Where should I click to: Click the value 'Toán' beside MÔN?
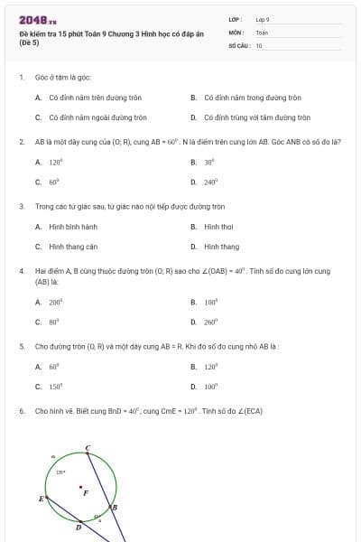click(x=262, y=32)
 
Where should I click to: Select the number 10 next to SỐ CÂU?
click(x=259, y=45)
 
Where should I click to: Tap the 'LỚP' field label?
click(x=236, y=19)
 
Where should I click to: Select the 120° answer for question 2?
click(x=55, y=163)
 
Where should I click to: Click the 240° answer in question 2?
click(x=211, y=182)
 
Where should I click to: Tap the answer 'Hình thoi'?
click(x=218, y=227)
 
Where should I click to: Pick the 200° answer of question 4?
click(x=55, y=303)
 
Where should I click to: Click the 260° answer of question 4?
click(x=211, y=322)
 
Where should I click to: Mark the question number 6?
click(x=21, y=411)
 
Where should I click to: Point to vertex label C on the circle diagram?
click(x=88, y=447)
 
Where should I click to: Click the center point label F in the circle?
click(x=86, y=493)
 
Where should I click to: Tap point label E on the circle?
click(x=40, y=499)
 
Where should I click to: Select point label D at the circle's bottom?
click(x=78, y=528)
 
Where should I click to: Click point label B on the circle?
click(x=115, y=508)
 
